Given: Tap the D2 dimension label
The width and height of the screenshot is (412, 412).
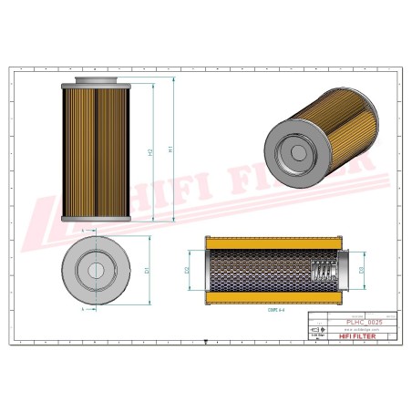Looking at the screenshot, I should click(x=187, y=271).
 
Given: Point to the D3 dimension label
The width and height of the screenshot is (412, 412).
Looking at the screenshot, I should click(x=362, y=271).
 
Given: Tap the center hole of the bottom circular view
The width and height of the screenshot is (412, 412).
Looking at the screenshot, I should click(x=95, y=271).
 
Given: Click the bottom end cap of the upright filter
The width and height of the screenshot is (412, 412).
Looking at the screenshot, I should click(x=96, y=218).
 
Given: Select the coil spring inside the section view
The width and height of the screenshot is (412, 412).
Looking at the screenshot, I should click(x=321, y=271).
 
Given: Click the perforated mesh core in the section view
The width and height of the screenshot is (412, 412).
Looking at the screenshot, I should click(x=255, y=271).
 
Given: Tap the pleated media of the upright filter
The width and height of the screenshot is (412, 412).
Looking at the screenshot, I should click(x=96, y=150).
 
